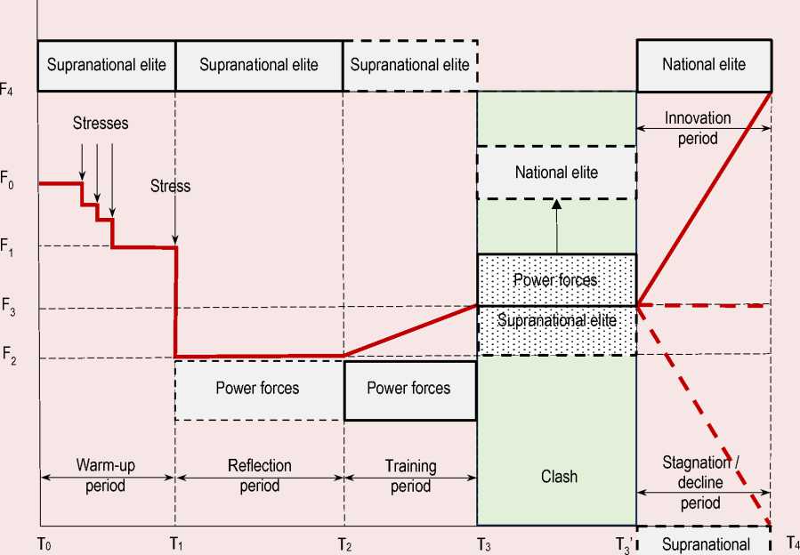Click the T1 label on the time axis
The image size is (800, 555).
click(x=176, y=543)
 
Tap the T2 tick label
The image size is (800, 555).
click(x=344, y=543)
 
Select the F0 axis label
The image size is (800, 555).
click(x=8, y=184)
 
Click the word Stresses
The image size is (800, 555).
click(x=101, y=124)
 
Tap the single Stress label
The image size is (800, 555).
click(x=170, y=187)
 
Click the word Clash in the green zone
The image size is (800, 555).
click(x=559, y=477)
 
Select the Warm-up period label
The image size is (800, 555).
click(x=106, y=475)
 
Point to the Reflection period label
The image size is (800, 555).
click(x=259, y=475)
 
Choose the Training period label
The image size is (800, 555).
click(x=410, y=475)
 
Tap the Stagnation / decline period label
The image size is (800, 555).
click(x=703, y=482)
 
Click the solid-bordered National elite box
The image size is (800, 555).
click(x=703, y=64)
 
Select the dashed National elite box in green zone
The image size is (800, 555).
click(x=557, y=173)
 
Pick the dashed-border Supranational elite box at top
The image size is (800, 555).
click(x=409, y=65)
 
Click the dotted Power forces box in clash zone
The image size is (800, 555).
click(x=556, y=280)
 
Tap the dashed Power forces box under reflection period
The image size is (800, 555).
click(x=258, y=389)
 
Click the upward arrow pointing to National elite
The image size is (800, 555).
click(x=557, y=227)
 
